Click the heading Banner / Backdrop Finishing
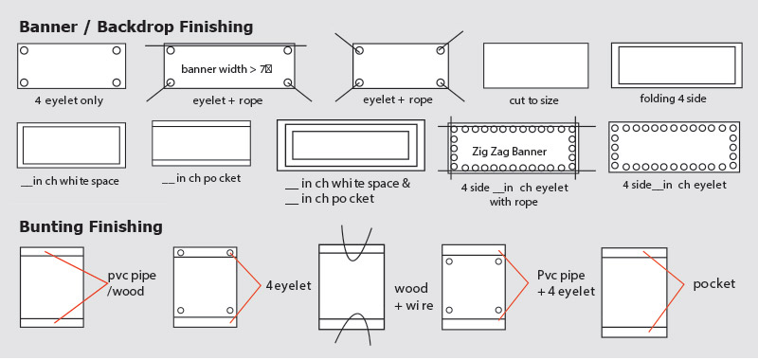[x=135, y=27]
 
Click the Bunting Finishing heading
[x=91, y=226]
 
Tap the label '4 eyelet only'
[x=68, y=101]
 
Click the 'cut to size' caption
[x=533, y=101]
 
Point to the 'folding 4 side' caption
[x=673, y=99]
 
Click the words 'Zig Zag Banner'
[x=509, y=152]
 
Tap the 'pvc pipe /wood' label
[x=132, y=283]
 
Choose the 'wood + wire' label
[x=414, y=297]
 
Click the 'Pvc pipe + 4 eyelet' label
[x=566, y=283]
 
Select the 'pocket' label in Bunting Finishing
[x=714, y=283]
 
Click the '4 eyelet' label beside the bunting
[x=289, y=285]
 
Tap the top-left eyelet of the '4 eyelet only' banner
[x=25, y=50]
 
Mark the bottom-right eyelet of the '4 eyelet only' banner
[x=117, y=82]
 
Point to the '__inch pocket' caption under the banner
[x=201, y=178]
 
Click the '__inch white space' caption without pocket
[x=70, y=181]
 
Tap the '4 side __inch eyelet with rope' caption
[x=514, y=194]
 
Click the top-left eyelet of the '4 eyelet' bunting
[x=181, y=253]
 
